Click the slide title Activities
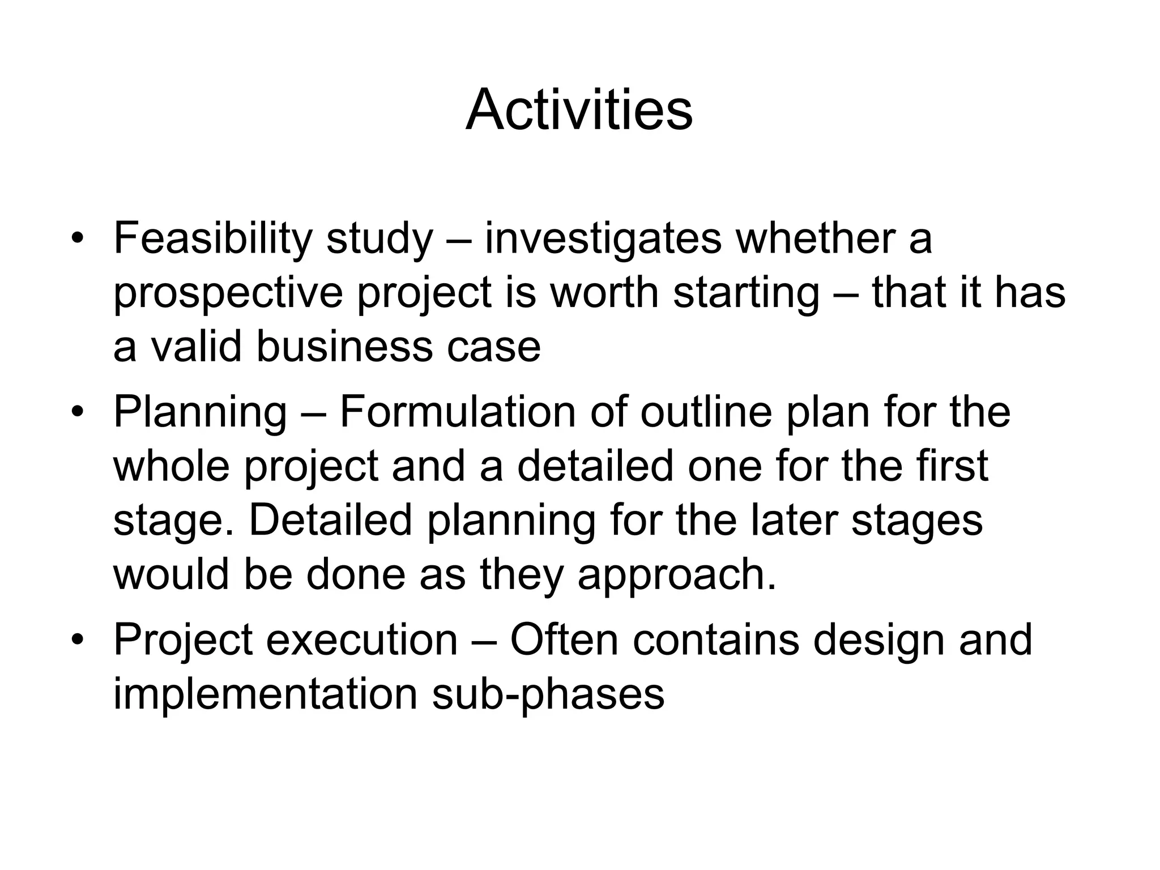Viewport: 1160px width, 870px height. pyautogui.click(x=579, y=110)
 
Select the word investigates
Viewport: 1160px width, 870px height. pyautogui.click(x=603, y=238)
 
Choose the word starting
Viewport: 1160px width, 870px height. pyautogui.click(x=746, y=293)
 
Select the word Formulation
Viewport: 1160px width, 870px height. pyautogui.click(x=457, y=412)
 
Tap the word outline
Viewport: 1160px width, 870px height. pyautogui.click(x=706, y=412)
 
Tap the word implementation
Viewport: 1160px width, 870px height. pyautogui.click(x=265, y=694)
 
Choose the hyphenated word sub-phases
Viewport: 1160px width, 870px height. pyautogui.click(x=548, y=694)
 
